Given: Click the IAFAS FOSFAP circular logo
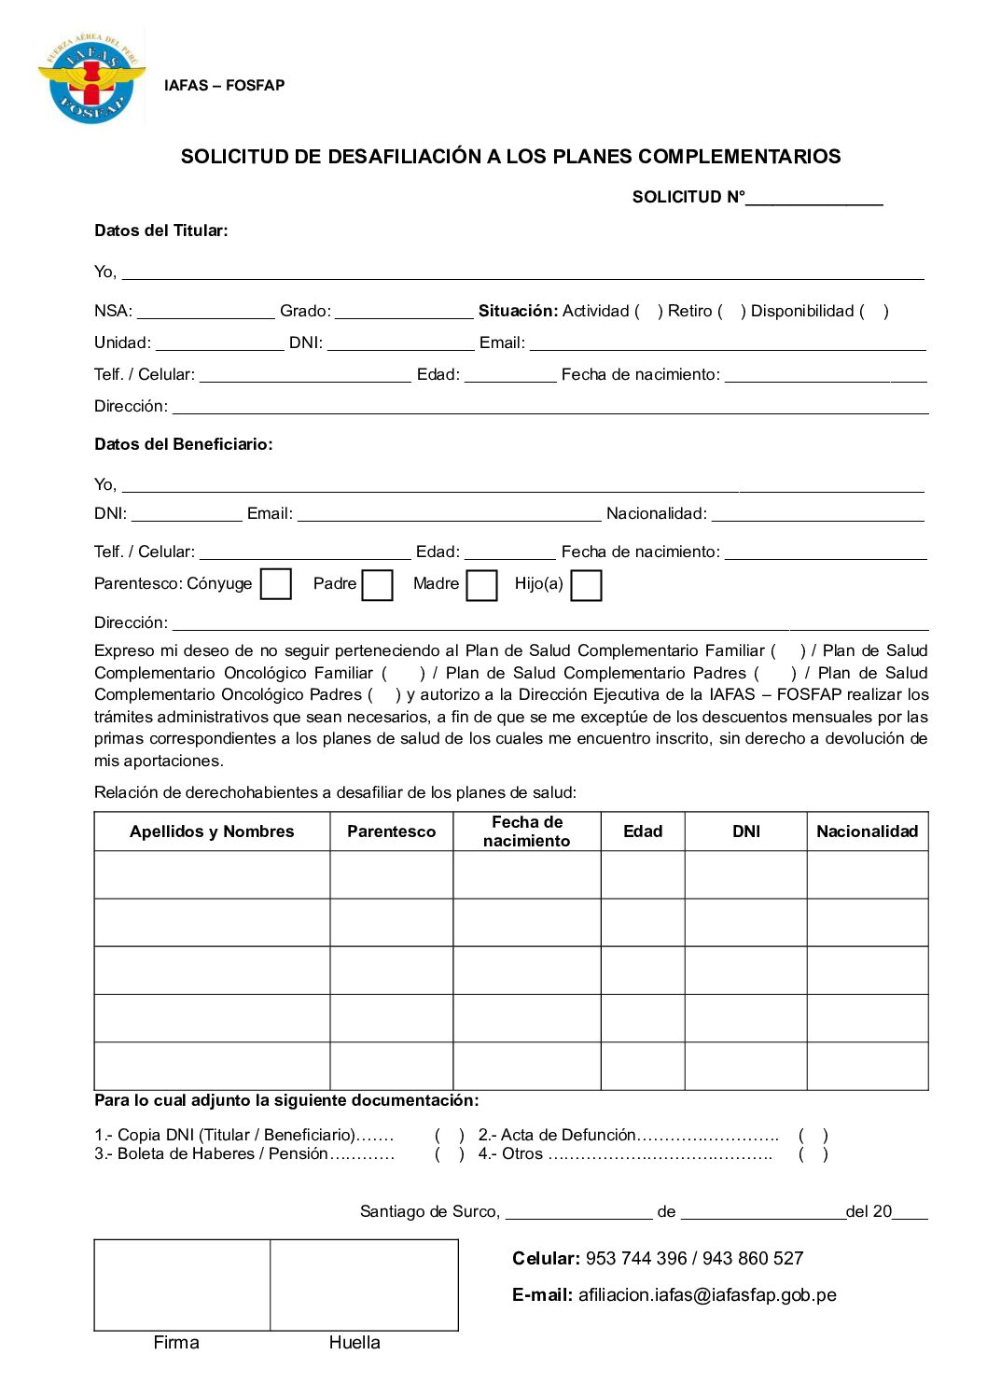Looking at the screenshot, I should [x=91, y=78].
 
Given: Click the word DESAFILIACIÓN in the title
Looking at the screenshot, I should [x=404, y=157].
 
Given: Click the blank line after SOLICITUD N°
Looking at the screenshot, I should [x=813, y=198].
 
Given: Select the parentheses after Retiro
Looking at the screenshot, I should [x=731, y=312].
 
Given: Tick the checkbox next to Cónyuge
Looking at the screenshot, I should [x=275, y=584].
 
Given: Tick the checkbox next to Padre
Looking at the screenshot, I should [x=377, y=585].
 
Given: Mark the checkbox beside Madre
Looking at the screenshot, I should [x=481, y=585].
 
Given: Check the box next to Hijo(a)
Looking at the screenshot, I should [x=586, y=585].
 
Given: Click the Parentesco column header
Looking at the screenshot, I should [x=391, y=831].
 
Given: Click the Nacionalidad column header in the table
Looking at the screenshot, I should [x=867, y=831].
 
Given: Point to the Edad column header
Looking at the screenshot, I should [x=643, y=831].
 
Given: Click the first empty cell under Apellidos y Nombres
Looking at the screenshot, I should [x=212, y=874].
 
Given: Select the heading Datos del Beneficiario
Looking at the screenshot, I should [x=183, y=444].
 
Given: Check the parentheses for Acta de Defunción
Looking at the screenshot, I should [x=813, y=1136].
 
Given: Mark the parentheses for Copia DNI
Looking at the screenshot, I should [x=449, y=1136].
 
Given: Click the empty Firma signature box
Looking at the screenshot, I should [x=182, y=1284].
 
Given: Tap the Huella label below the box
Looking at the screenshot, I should [x=354, y=1343].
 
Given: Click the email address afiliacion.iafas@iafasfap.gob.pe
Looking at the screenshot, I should [x=707, y=1295].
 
